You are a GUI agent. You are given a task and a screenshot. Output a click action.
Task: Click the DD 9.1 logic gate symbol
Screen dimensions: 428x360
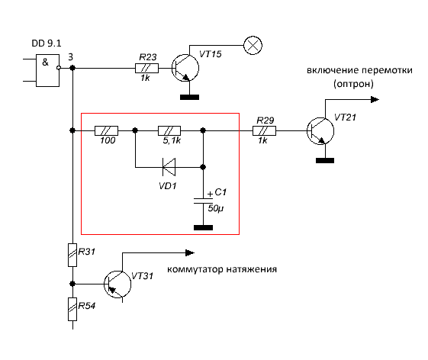[x=48, y=70]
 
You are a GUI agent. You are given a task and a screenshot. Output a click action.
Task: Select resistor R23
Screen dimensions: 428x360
[x=146, y=68]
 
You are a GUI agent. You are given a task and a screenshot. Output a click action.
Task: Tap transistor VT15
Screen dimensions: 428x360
[x=185, y=68]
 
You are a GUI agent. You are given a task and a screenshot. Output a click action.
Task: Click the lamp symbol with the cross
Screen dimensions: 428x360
[x=253, y=45]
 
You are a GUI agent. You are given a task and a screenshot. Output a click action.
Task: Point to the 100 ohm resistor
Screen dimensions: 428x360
[x=107, y=130]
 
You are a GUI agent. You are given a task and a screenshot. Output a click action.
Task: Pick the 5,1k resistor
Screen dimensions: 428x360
[x=169, y=130]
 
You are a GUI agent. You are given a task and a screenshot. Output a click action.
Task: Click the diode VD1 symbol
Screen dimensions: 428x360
[x=169, y=167]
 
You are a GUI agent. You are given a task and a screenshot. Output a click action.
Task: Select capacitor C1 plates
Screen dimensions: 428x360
[x=203, y=201]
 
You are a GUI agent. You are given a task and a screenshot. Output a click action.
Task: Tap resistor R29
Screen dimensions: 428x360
[x=264, y=130]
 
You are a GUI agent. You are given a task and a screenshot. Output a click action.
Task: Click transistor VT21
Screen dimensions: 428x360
[x=320, y=131]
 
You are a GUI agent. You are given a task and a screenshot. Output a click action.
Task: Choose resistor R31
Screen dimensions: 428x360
[x=72, y=255]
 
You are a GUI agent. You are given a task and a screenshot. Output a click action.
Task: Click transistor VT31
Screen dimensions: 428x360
[x=117, y=284]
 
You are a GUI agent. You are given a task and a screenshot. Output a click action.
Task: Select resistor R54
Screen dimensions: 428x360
[x=72, y=309]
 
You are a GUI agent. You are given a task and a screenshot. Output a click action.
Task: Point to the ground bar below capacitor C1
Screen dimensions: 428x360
[x=203, y=227]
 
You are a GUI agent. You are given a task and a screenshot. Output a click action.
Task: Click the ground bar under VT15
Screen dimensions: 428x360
[x=190, y=97]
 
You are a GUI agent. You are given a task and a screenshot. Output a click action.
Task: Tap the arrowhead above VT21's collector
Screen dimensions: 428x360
[x=375, y=100]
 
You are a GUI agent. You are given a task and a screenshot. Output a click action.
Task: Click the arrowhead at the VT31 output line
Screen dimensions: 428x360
[x=190, y=253]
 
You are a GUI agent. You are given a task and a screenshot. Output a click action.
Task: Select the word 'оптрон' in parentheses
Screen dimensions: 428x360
[x=353, y=84]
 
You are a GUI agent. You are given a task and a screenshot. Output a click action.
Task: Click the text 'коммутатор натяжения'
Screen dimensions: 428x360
[x=222, y=269]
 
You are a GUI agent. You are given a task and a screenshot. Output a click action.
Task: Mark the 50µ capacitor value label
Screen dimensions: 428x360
[x=216, y=208]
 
